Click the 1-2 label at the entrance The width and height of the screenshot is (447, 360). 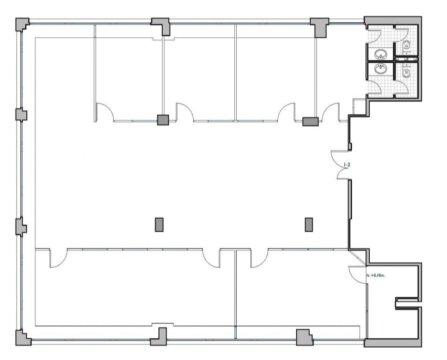(x=347, y=164)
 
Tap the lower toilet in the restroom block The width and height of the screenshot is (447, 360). (x=406, y=71)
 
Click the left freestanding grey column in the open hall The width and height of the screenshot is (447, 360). (x=159, y=225)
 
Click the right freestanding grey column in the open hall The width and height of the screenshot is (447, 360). (x=309, y=225)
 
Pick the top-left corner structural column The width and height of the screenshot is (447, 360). (x=22, y=24)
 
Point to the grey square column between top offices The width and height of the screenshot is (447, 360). (x=163, y=120)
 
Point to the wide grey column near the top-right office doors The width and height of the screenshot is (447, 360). (x=310, y=122)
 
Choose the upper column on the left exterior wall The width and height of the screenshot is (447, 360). (x=21, y=115)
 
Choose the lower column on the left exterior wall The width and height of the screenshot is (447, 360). (x=21, y=227)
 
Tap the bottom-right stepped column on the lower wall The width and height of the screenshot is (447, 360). (x=304, y=337)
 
